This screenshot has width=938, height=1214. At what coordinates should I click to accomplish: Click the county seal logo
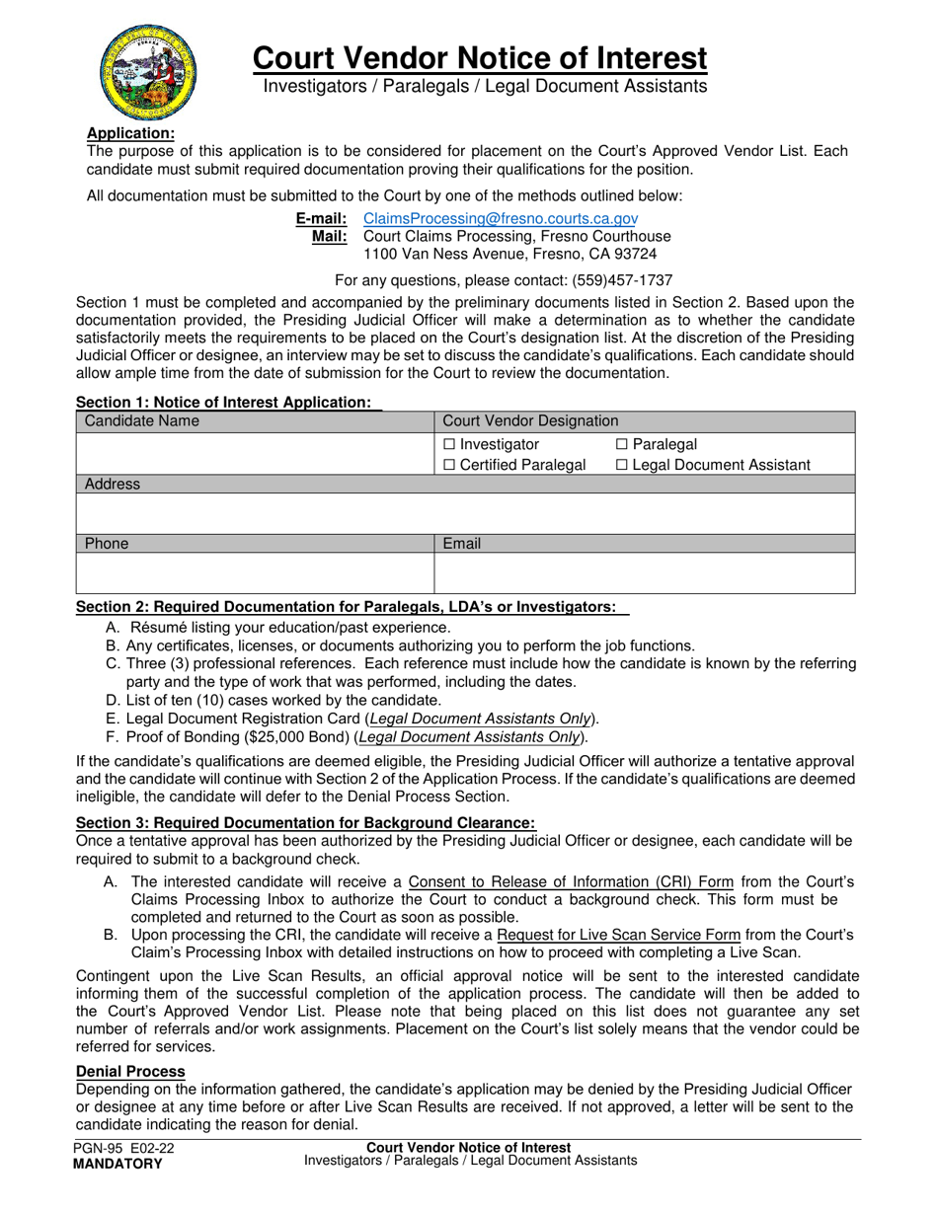pos(146,71)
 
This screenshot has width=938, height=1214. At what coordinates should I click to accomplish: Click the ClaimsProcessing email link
pos(501,218)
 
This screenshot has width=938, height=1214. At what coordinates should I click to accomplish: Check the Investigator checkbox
pos(450,445)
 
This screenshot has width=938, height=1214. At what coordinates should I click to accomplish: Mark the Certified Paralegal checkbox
pos(450,465)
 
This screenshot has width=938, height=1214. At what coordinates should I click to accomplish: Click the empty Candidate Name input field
pos(255,454)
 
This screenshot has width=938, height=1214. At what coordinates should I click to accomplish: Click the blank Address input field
pos(465,513)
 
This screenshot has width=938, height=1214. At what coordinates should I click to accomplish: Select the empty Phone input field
pos(255,572)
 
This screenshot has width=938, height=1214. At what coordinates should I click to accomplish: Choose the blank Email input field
pos(644,572)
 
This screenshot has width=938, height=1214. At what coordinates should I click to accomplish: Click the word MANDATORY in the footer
pos(117,1164)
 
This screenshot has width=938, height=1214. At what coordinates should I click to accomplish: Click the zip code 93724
pos(634,255)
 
